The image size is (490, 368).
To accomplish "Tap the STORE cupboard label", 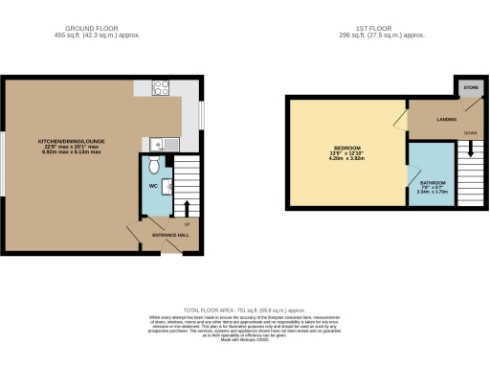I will pyautogui.click(x=470, y=88).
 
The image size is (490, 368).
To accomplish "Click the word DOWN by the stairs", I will pyautogui.click(x=469, y=133).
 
